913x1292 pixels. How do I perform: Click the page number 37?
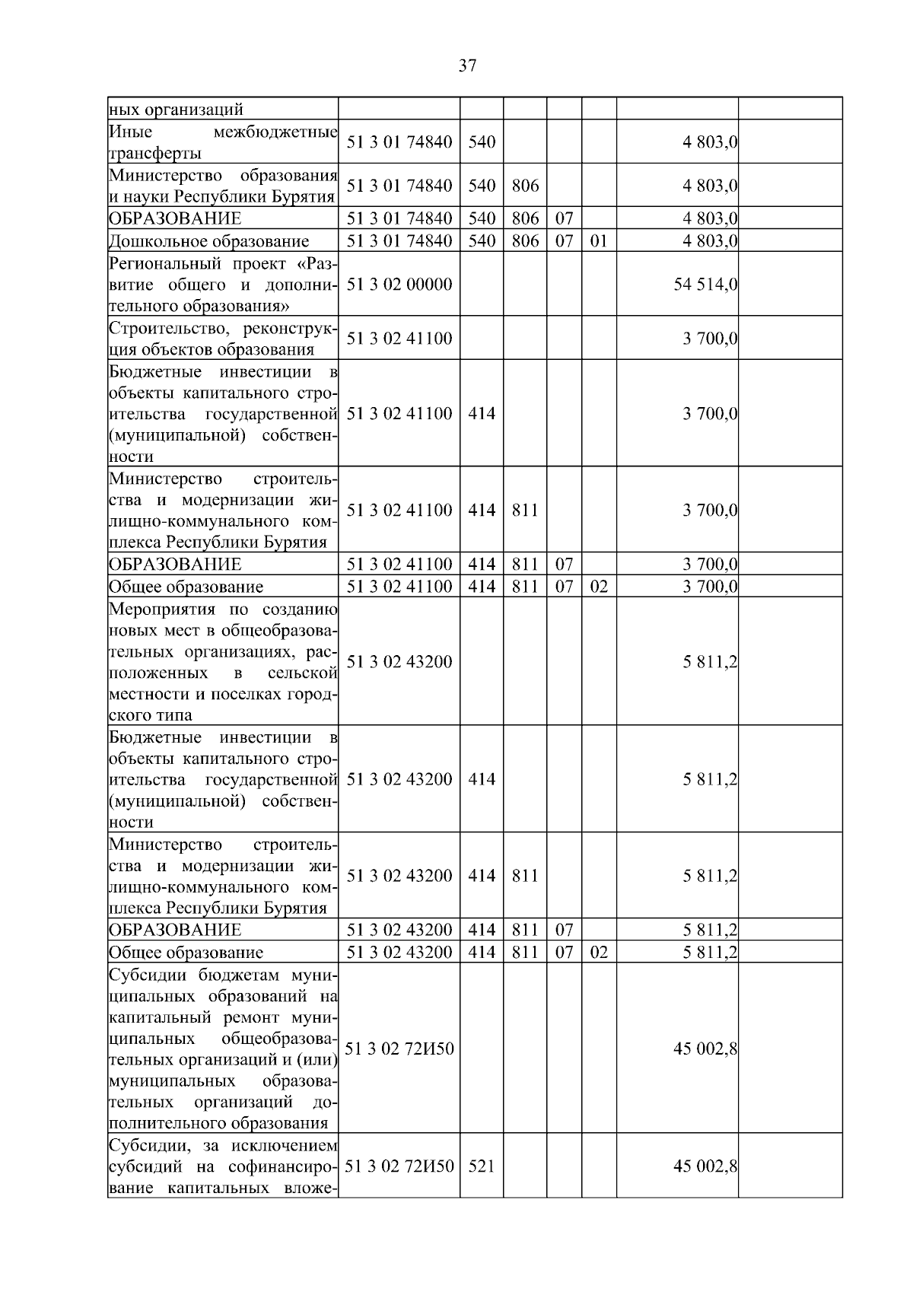[x=467, y=65]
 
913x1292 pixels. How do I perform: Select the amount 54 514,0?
[x=705, y=285]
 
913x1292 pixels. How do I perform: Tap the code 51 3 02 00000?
[x=399, y=285]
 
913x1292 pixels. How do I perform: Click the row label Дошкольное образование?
[x=209, y=242]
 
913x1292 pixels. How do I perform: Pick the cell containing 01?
[x=599, y=242]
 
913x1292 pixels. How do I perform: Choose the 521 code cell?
[x=481, y=1166]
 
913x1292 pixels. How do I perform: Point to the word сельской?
[x=302, y=673]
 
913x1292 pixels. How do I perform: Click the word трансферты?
[x=155, y=154]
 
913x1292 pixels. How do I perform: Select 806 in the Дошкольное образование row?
[x=525, y=242]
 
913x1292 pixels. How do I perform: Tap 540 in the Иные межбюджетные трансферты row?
[x=481, y=142]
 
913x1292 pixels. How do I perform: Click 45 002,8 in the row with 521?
[x=705, y=1166]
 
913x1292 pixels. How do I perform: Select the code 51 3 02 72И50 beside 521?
[x=399, y=1166]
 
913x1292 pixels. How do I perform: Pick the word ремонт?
[x=258, y=1018]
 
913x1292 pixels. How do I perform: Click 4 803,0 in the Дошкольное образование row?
[x=710, y=242]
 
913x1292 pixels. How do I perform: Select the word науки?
[x=143, y=198]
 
